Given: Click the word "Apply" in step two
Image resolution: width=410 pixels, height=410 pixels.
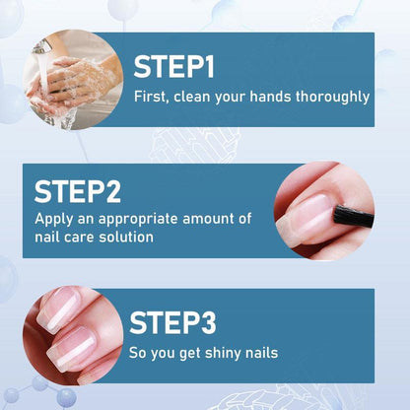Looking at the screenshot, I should tap(53, 220).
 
